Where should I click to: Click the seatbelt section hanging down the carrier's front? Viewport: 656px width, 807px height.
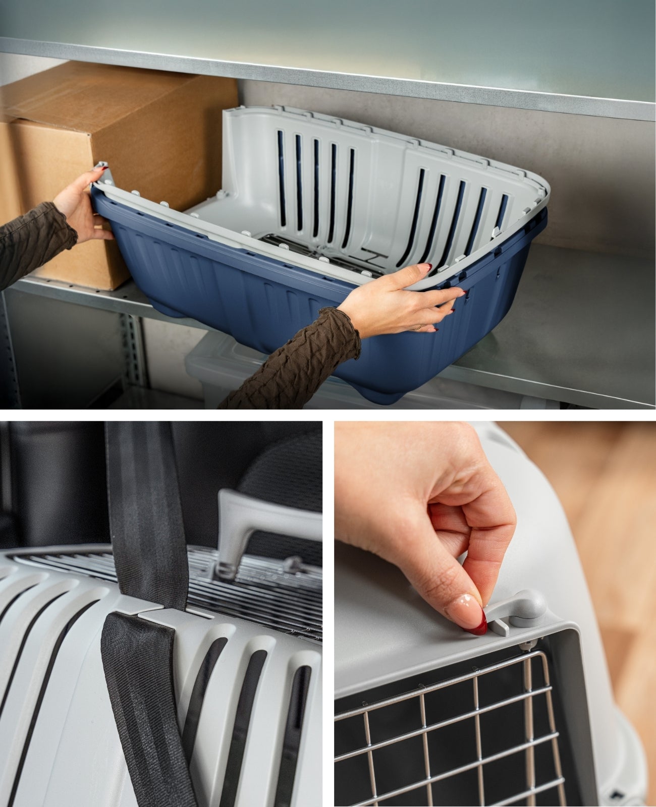pyautogui.click(x=136, y=706)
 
